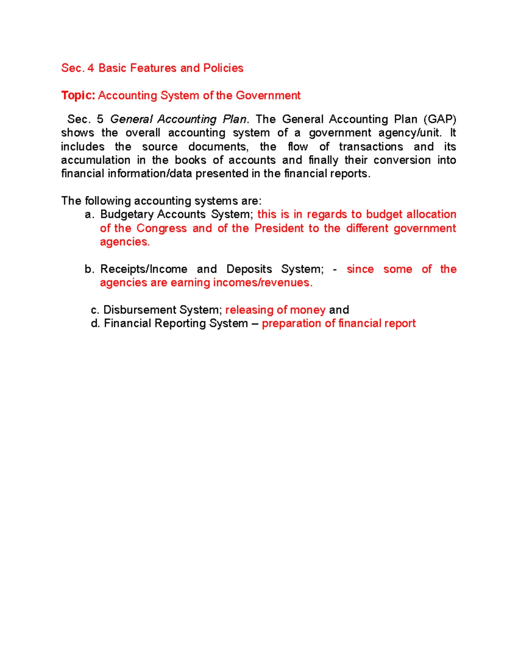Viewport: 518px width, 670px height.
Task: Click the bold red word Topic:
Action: click(78, 95)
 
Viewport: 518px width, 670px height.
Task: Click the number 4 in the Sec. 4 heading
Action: click(90, 68)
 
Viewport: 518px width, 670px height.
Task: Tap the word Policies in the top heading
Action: click(223, 68)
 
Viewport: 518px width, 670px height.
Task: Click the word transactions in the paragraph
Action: click(371, 147)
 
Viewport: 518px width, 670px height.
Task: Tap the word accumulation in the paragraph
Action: click(95, 160)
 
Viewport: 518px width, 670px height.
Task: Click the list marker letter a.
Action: click(89, 214)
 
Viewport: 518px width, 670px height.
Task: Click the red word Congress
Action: click(161, 228)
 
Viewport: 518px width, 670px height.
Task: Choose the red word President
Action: click(279, 228)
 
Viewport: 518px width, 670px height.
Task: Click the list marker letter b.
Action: click(89, 269)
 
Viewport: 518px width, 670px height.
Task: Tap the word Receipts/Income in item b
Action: click(144, 269)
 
